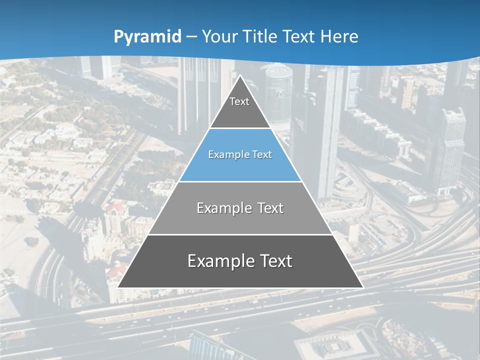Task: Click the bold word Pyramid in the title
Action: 147,37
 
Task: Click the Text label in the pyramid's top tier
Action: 239,101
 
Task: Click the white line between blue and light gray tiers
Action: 240,181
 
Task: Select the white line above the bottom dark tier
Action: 240,234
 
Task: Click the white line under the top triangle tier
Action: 240,128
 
